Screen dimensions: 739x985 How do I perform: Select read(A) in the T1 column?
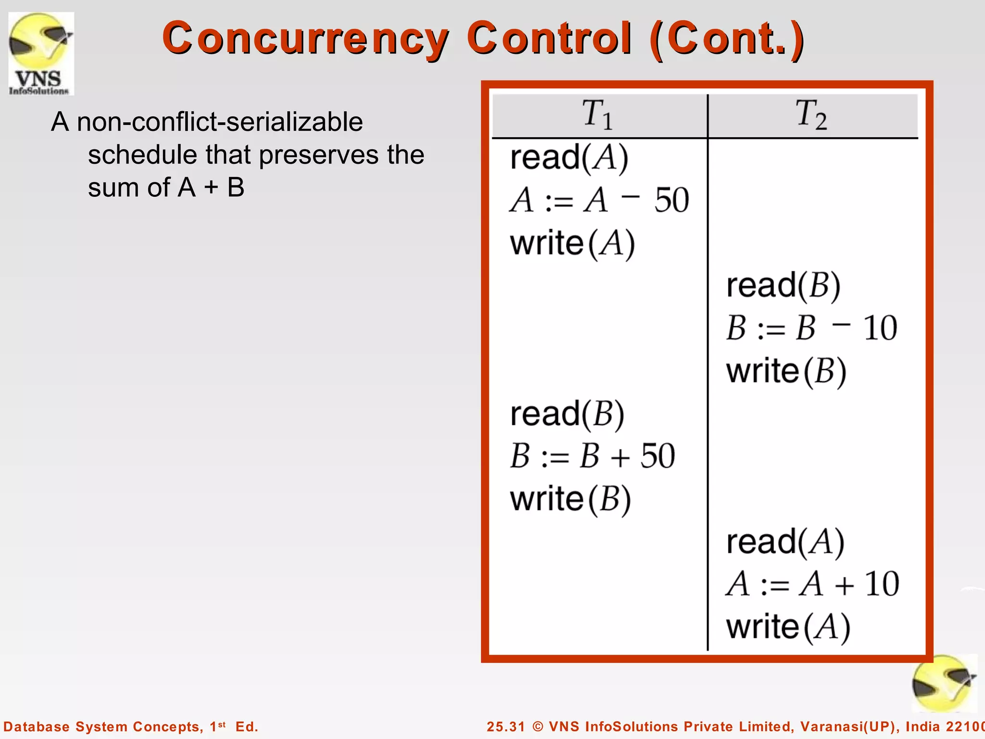pyautogui.click(x=569, y=157)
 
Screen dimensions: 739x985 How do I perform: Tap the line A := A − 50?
pyautogui.click(x=599, y=200)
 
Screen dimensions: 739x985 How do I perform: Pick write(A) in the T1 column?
pyautogui.click(x=572, y=243)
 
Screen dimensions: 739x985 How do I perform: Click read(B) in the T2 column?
pyautogui.click(x=783, y=285)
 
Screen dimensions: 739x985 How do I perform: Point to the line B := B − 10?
pyautogui.click(x=811, y=328)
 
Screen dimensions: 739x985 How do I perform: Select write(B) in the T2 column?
pyautogui.click(x=786, y=371)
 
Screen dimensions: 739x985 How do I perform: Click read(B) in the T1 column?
pyautogui.click(x=567, y=414)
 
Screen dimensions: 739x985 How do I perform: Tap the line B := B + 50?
pyautogui.click(x=593, y=456)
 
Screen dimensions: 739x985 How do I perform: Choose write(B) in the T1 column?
pyautogui.click(x=570, y=499)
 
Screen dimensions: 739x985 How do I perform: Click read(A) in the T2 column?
pyautogui.click(x=785, y=542)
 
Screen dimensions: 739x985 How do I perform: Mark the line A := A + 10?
pyautogui.click(x=812, y=584)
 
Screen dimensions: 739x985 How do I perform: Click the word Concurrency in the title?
pyautogui.click(x=305, y=38)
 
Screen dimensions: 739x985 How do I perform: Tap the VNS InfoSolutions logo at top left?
pyautogui.click(x=41, y=53)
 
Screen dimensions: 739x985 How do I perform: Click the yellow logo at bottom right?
pyautogui.click(x=944, y=684)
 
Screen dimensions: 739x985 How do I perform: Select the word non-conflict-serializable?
pyautogui.click(x=220, y=122)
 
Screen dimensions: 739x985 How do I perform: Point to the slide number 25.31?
pyautogui.click(x=505, y=726)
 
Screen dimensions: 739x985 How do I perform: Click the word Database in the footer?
pyautogui.click(x=37, y=726)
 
